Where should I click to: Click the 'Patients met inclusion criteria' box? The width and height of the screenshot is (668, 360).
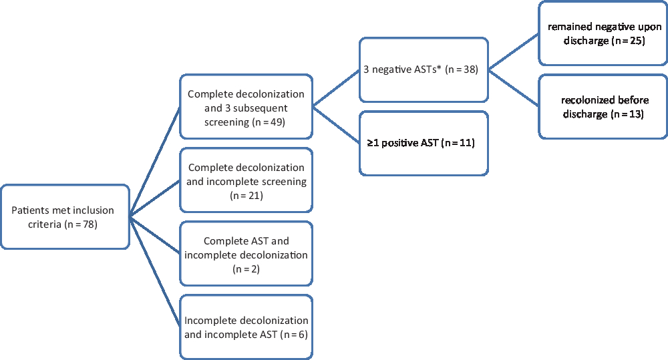tap(65, 217)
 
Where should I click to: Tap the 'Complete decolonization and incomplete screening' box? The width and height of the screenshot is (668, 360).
tap(246, 181)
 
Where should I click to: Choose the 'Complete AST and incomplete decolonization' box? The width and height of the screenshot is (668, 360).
tap(246, 254)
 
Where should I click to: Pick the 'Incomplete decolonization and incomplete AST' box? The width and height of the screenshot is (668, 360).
tap(246, 327)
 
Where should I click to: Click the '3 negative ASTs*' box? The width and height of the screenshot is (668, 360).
tap(424, 69)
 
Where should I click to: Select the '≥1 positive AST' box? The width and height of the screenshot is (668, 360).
tap(424, 142)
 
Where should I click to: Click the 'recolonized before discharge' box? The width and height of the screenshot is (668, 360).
tap(604, 107)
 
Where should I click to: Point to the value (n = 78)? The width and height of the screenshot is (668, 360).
tap(81, 224)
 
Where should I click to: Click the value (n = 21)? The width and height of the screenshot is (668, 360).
tap(246, 196)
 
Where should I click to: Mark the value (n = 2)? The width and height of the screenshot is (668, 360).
tap(246, 269)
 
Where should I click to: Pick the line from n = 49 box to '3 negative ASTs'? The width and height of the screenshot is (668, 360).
tap(335, 87)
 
